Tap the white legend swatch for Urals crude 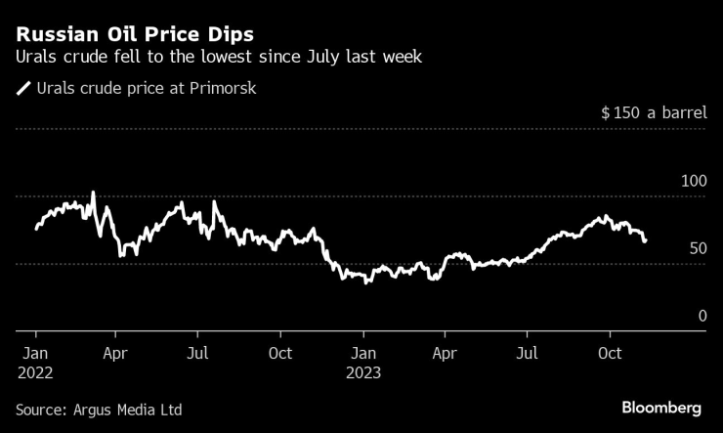pos(23,89)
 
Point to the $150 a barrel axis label pos(654,113)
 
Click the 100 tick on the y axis pos(693,182)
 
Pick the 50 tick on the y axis pos(698,248)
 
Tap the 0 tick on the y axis pos(702,316)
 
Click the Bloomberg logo pos(662,407)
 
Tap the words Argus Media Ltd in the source pos(128,410)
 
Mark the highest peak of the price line pos(93,193)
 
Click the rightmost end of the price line pos(645,240)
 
